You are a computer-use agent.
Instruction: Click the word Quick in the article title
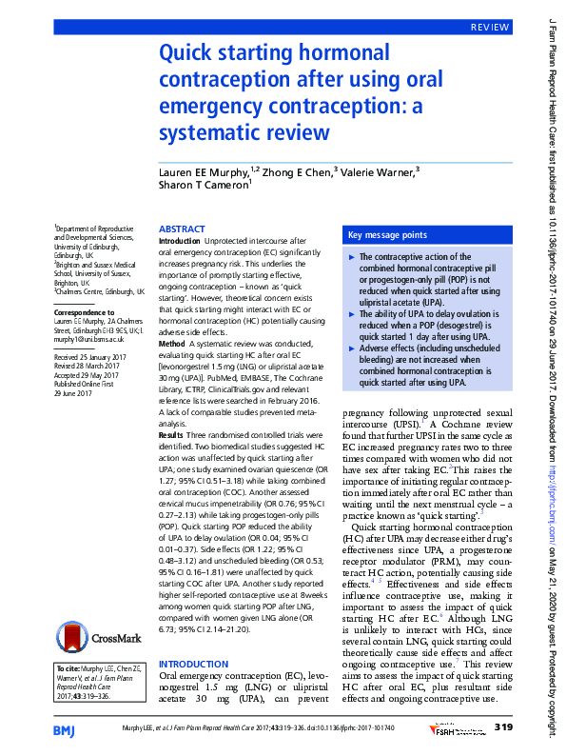click(x=190, y=55)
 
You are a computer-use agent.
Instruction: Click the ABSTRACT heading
click(x=182, y=229)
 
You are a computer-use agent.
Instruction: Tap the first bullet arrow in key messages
click(x=354, y=257)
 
